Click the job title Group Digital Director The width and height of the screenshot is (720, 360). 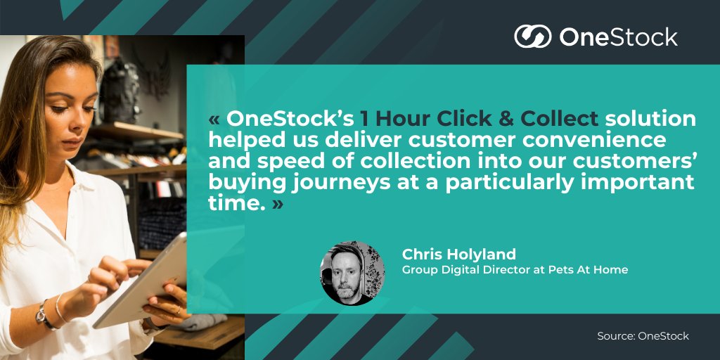pyautogui.click(x=470, y=269)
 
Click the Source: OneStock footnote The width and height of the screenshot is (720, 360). pyautogui.click(x=643, y=336)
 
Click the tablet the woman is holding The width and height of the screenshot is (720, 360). pyautogui.click(x=144, y=281)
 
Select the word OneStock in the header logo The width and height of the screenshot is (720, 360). pyautogui.click(x=618, y=37)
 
